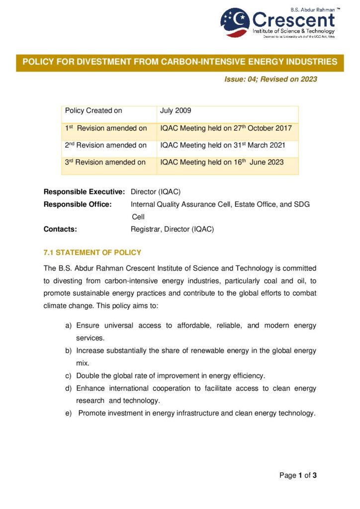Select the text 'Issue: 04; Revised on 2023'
pyautogui.click(x=270, y=79)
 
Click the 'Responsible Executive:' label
pyautogui.click(x=84, y=191)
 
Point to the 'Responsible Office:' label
pyautogui.click(x=78, y=204)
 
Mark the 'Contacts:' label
pyautogui.click(x=60, y=229)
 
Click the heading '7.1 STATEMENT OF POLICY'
pyautogui.click(x=92, y=253)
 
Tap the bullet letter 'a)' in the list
pyautogui.click(x=69, y=326)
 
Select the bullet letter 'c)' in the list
pyautogui.click(x=69, y=375)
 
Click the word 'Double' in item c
pyautogui.click(x=88, y=375)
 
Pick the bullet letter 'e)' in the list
pyautogui.click(x=69, y=413)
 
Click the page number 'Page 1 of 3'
pyautogui.click(x=298, y=476)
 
